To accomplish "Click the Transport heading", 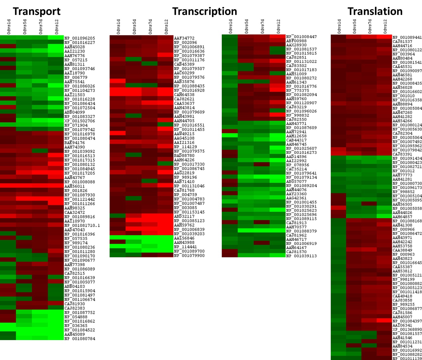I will tap(36, 11).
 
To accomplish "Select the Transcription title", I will tap(205, 11).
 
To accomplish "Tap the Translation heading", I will tap(375, 11).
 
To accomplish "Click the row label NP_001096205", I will tap(80, 38).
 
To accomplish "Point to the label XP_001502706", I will tap(80, 121).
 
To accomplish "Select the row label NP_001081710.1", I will tap(82, 225).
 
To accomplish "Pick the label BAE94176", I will tap(75, 143).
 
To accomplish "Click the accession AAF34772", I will tap(184, 38).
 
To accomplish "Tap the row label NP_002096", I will tap(185, 42).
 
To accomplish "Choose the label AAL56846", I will tap(184, 238).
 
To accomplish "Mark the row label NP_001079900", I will tap(189, 255).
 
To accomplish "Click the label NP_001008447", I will tap(301, 37).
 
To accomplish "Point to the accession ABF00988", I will tap(296, 41).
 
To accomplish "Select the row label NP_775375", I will tap(297, 90).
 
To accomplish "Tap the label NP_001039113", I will tap(301, 256).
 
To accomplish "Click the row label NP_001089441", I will tap(407, 37).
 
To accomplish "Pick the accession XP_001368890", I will tap(407, 329).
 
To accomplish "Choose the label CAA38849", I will tap(402, 250).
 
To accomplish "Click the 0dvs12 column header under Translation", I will tap(385, 27).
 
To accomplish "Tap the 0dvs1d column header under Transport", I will tap(9, 27).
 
